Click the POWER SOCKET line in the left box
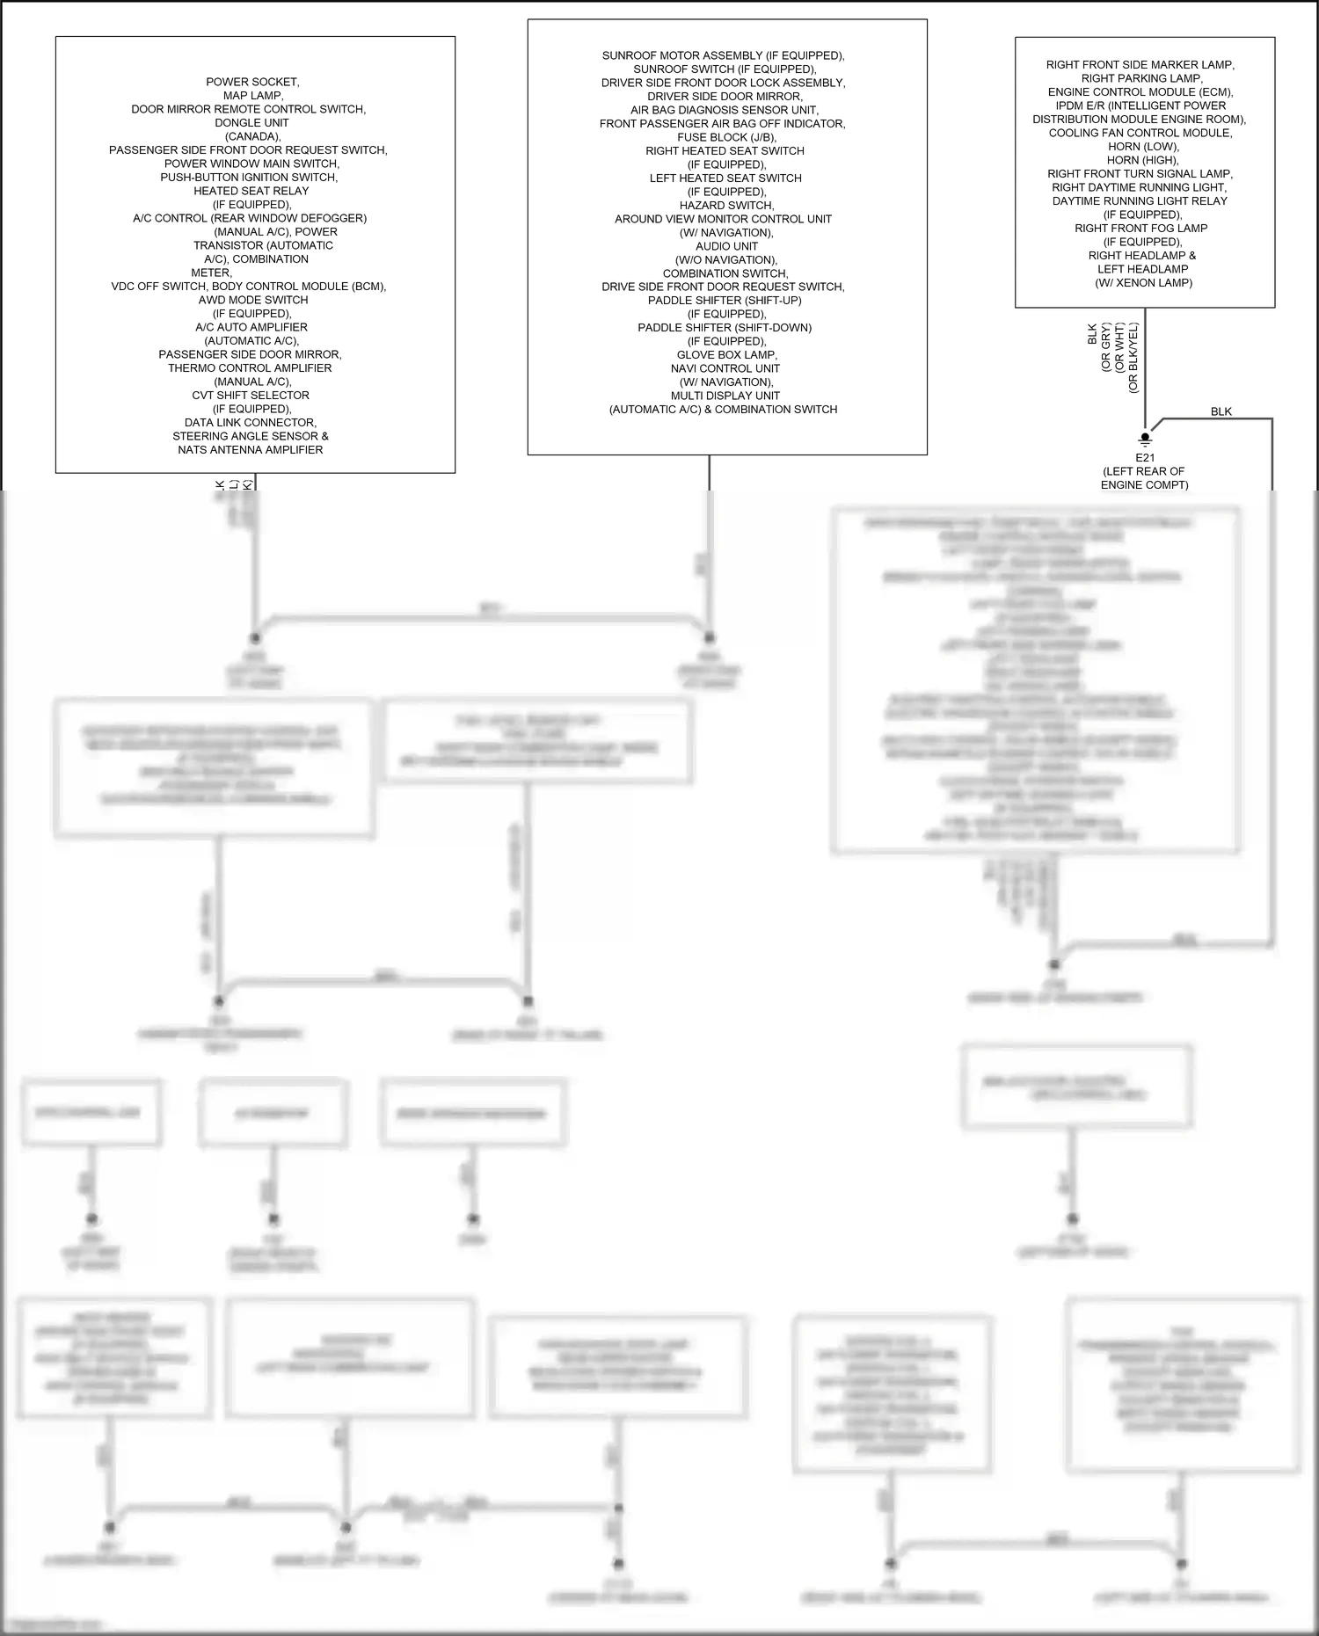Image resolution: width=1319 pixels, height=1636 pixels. [252, 82]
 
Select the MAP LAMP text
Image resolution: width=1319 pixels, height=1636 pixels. [252, 96]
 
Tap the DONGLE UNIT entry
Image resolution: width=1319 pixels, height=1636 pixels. [251, 123]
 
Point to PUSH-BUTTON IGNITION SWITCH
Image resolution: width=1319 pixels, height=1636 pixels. [249, 178]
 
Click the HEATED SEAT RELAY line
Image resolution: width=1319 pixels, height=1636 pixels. [251, 191]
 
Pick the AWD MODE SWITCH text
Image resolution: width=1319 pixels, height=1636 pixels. [252, 300]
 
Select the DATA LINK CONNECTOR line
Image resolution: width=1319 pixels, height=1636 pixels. [251, 423]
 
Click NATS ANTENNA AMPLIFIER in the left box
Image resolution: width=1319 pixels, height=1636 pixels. [251, 450]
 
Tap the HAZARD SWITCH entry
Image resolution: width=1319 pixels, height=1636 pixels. [726, 206]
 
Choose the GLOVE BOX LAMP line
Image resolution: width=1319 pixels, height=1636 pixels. [726, 355]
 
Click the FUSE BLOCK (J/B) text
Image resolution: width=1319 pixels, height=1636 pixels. [726, 137]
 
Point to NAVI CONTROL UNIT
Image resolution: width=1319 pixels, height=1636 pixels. [725, 368]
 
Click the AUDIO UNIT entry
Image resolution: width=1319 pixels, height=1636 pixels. [726, 246]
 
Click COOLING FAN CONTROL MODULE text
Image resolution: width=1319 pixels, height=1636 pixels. [1140, 133]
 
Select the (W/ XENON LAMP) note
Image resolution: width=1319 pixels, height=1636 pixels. [1143, 283]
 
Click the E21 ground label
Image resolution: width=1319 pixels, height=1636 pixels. [1145, 458]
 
